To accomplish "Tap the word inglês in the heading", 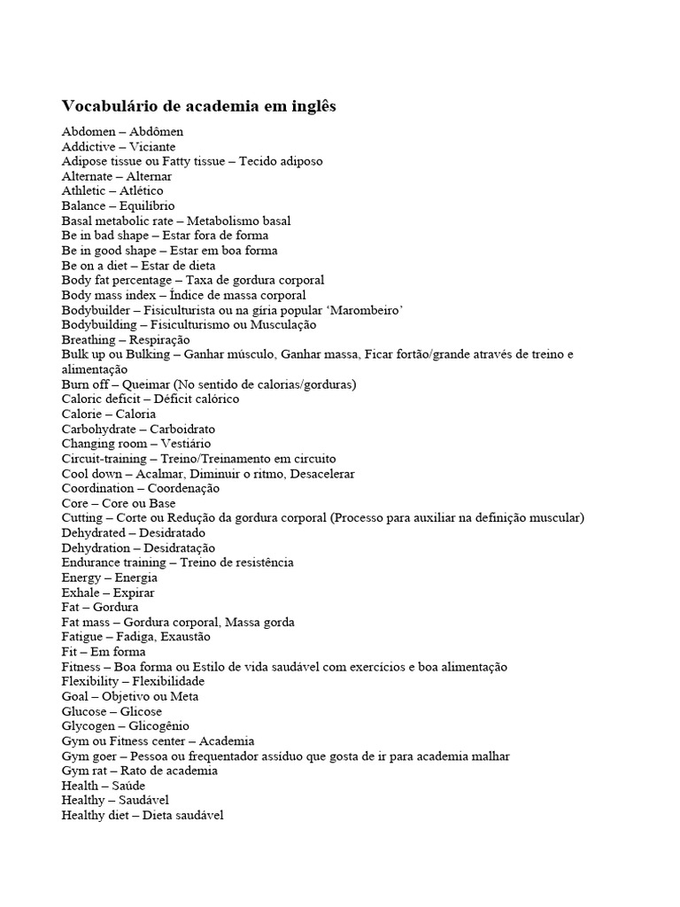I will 311,106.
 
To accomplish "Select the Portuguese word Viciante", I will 152,146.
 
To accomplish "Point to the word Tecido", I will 259,161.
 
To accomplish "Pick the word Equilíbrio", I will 145,205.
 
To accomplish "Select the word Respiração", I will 159,339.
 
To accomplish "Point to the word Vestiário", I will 186,444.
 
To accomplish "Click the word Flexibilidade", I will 168,681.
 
